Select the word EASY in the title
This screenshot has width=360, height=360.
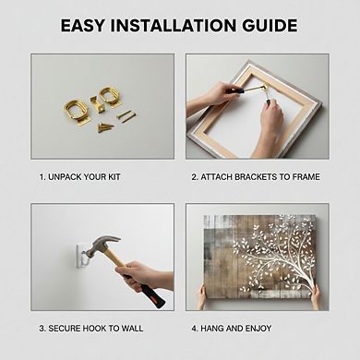tap(83, 26)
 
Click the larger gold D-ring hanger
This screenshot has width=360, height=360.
tap(77, 113)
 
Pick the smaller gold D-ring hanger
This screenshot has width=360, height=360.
tap(110, 97)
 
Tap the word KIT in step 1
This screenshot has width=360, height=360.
tap(114, 177)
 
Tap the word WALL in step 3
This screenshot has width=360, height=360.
tap(132, 329)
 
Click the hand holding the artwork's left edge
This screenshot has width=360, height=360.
tap(201, 296)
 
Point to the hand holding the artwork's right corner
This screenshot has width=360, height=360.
tap(315, 296)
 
